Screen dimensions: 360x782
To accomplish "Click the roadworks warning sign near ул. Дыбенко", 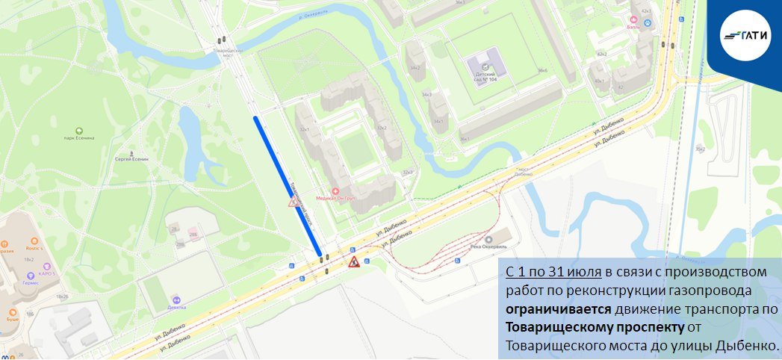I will click(355, 261).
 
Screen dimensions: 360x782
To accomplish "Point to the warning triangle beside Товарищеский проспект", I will click(294, 203).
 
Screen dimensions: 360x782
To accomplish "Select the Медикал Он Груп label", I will click(335, 198).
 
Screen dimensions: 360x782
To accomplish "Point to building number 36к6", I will click(542, 70).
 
